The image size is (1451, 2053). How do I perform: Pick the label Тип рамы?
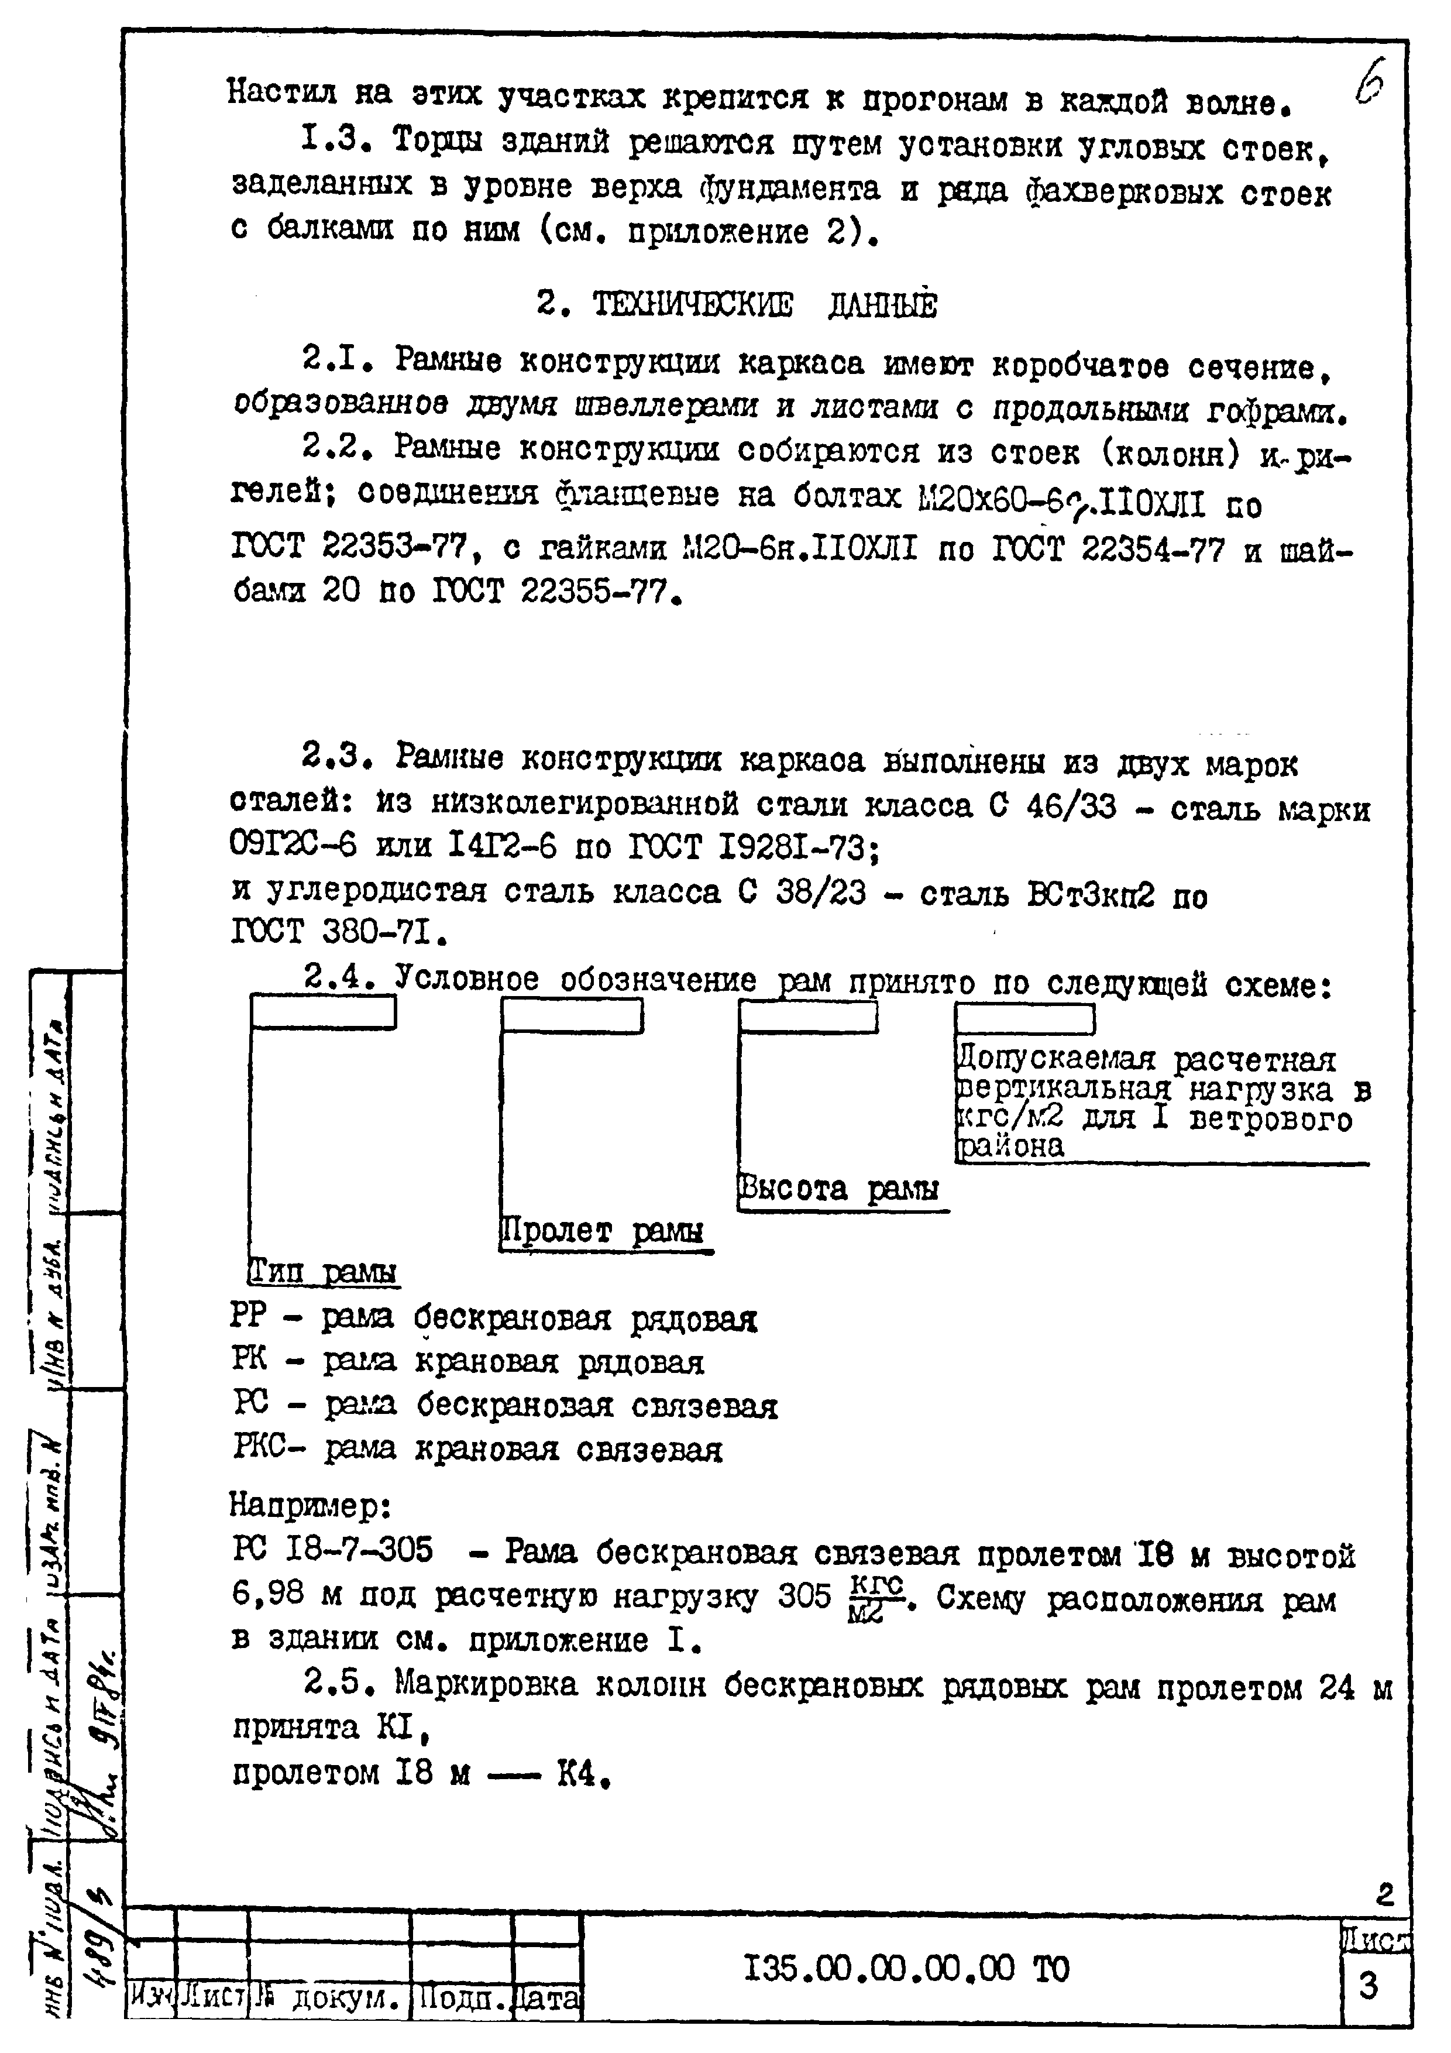(323, 1272)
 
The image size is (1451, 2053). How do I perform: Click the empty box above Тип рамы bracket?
(323, 1012)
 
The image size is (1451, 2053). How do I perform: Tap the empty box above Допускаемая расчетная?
(1024, 1018)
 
